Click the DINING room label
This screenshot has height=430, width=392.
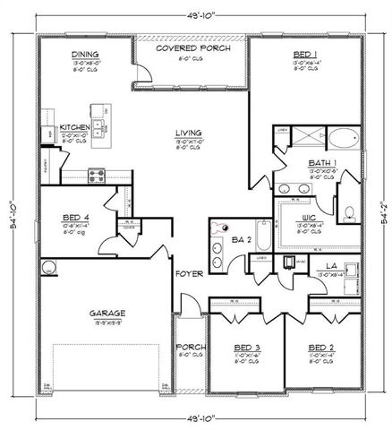[x=85, y=55]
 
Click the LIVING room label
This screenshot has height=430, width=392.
[x=187, y=132]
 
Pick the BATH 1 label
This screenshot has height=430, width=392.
[x=320, y=162]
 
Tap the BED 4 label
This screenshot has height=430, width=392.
[x=73, y=217]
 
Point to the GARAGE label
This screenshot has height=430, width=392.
[x=107, y=313]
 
